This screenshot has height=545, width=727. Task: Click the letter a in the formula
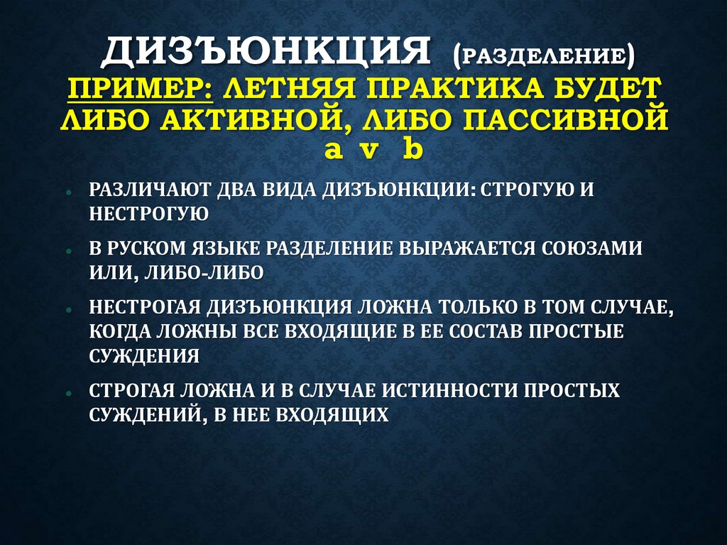[x=332, y=150]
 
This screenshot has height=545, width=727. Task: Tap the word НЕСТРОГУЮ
[x=148, y=214]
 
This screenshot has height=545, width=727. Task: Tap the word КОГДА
[x=116, y=332]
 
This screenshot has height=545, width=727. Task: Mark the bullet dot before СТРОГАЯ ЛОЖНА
[x=66, y=393]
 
